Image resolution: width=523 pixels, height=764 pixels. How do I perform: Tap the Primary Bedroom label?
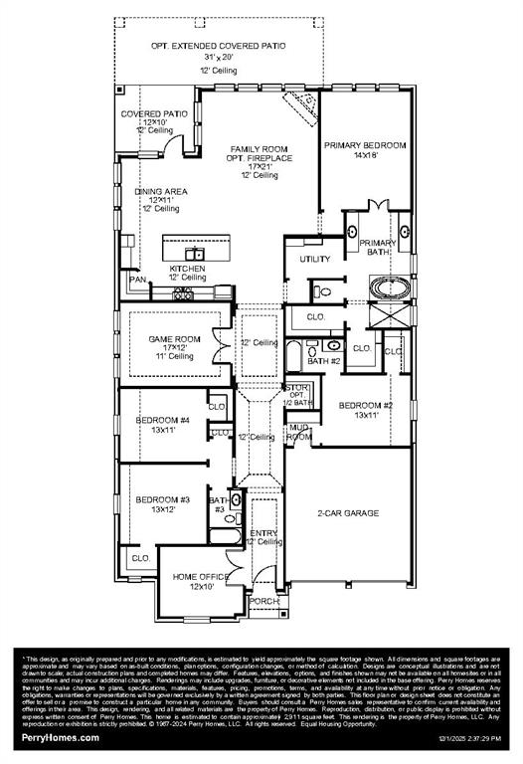click(365, 145)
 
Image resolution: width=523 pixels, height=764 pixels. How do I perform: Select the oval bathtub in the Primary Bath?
click(390, 289)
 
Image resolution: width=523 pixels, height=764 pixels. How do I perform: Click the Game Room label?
click(175, 339)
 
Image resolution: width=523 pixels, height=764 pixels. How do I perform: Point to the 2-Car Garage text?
click(348, 512)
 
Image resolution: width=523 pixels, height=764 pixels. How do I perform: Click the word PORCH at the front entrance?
click(264, 601)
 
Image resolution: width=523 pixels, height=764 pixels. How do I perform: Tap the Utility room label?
click(315, 260)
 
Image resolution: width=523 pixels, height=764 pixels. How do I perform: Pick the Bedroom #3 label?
click(162, 498)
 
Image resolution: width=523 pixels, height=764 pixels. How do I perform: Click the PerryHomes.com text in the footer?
click(61, 737)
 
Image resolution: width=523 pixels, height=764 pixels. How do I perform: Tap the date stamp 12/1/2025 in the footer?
click(437, 738)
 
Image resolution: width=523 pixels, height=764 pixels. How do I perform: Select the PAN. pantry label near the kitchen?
click(138, 280)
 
